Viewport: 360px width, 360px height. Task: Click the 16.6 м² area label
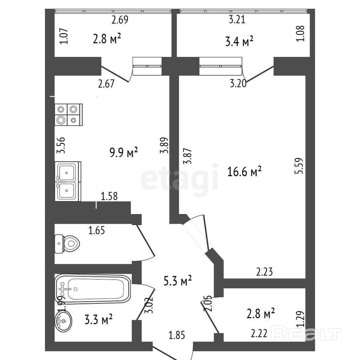[x=244, y=172]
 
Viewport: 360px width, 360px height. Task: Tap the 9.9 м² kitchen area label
[x=124, y=153]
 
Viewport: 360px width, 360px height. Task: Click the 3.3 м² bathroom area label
[x=98, y=319]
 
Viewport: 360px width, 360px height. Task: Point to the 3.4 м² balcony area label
[x=239, y=42]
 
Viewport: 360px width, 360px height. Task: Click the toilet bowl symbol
[x=67, y=244]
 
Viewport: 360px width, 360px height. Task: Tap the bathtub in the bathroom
[x=93, y=289]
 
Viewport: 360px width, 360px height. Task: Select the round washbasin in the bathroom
[x=64, y=321]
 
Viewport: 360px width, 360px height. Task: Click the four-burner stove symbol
[x=69, y=115]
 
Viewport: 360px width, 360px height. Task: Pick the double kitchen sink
[x=68, y=181]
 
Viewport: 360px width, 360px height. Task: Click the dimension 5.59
[x=300, y=166]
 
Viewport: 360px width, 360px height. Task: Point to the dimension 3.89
[x=165, y=145]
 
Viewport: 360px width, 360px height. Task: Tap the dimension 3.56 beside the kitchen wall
[x=61, y=145]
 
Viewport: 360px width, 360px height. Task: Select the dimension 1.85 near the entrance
[x=177, y=335]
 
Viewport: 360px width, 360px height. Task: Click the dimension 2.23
[x=264, y=272]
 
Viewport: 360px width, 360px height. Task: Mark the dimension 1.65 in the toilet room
[x=97, y=230]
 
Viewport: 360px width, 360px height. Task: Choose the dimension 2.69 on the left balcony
[x=120, y=20]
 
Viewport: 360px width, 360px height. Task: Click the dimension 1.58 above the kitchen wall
[x=109, y=196]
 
